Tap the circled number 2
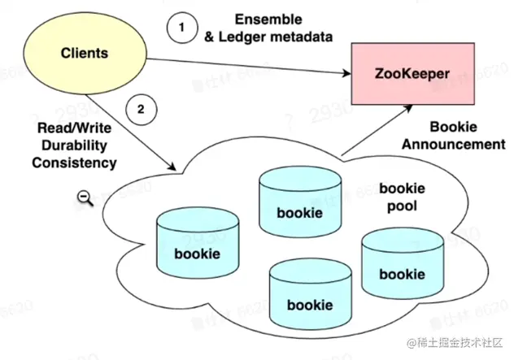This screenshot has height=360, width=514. click(x=141, y=111)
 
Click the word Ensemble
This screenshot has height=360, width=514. click(x=268, y=18)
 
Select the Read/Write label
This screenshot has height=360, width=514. click(x=74, y=129)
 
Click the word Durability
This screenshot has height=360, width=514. click(x=74, y=146)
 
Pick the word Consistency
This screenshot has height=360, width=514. click(x=74, y=163)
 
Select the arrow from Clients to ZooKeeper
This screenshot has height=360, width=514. click(x=244, y=66)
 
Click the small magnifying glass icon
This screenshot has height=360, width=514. click(x=84, y=197)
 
